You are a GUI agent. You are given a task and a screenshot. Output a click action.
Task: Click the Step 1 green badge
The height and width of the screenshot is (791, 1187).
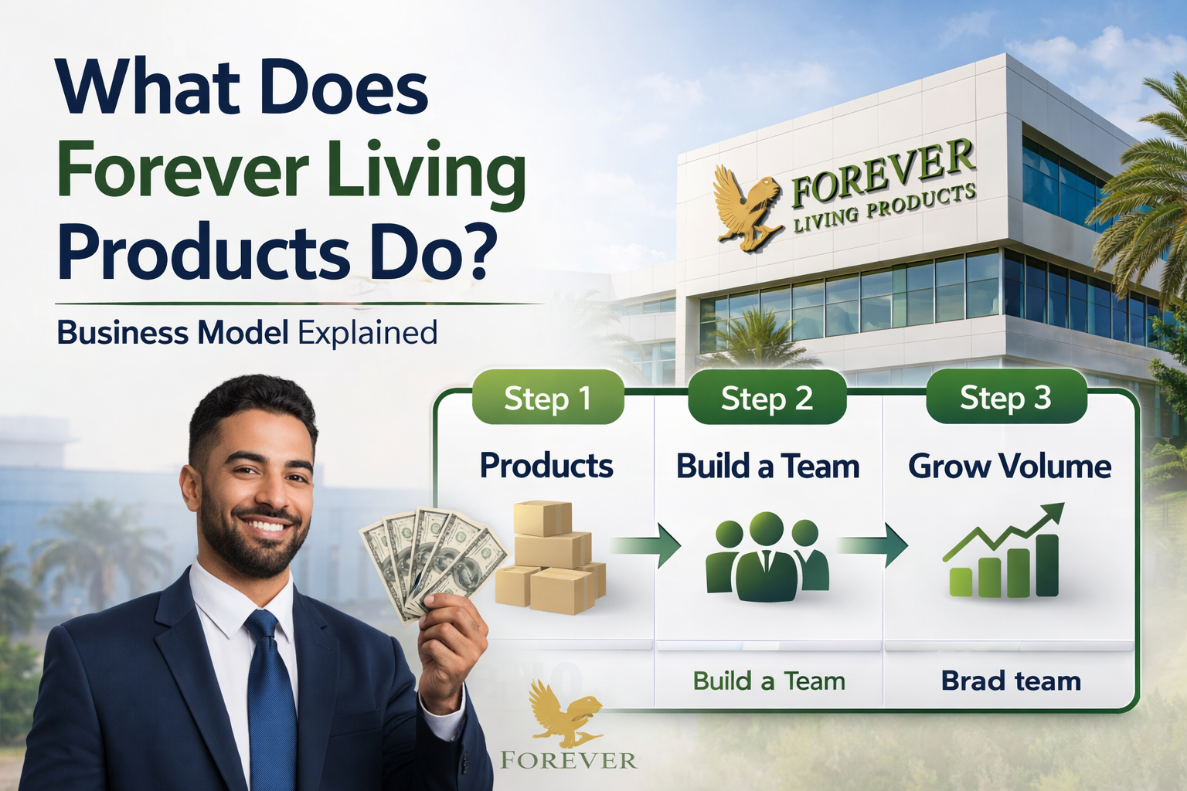pos(547,398)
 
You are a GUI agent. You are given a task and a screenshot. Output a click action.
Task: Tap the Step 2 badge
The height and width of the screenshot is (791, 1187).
pos(767,398)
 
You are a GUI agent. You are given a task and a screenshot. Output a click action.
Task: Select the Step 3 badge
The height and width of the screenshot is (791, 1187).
pos(1005,397)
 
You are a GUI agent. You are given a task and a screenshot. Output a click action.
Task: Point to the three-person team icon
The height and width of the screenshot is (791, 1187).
pos(767,556)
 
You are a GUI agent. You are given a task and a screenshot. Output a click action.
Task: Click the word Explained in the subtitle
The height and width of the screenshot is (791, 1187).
pos(368,333)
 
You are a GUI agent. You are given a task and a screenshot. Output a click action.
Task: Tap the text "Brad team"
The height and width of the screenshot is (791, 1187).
pos(1011,681)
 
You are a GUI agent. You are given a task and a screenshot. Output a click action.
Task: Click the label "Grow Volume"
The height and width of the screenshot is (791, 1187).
pos(1009,467)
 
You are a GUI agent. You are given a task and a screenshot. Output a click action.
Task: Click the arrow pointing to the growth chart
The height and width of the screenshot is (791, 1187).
pos(873,545)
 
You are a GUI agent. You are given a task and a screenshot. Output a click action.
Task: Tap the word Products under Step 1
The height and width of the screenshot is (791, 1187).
pos(546,466)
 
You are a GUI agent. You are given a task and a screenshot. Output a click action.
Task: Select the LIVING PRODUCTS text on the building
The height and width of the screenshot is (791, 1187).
pos(885,209)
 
